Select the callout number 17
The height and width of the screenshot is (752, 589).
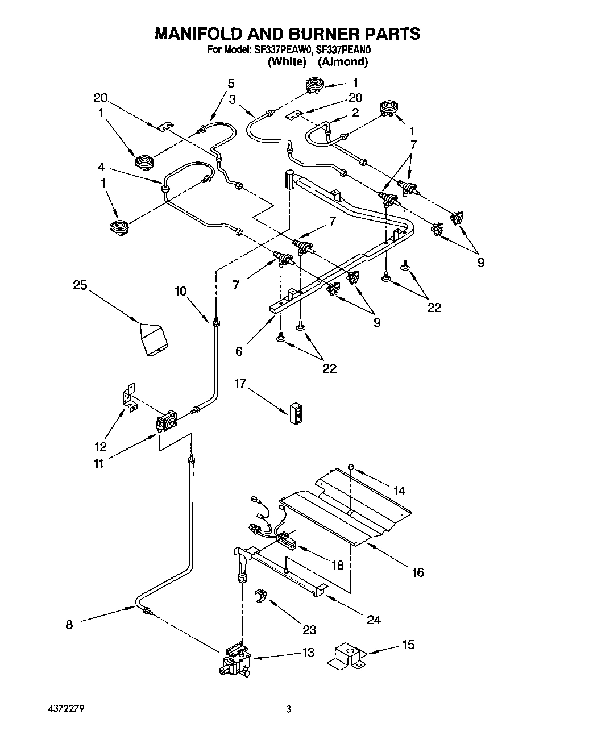pyautogui.click(x=240, y=384)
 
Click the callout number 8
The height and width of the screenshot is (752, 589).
pyautogui.click(x=69, y=624)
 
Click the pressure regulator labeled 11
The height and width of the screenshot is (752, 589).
pyautogui.click(x=166, y=422)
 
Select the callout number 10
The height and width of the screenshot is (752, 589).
pyautogui.click(x=181, y=292)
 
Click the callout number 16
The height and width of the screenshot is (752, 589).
pyautogui.click(x=418, y=572)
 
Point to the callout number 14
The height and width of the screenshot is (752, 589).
pyautogui.click(x=399, y=490)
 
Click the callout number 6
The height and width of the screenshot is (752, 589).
pyautogui.click(x=239, y=351)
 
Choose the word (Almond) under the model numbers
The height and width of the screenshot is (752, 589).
pyautogui.click(x=343, y=62)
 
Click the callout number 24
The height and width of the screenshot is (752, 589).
pyautogui.click(x=374, y=619)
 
